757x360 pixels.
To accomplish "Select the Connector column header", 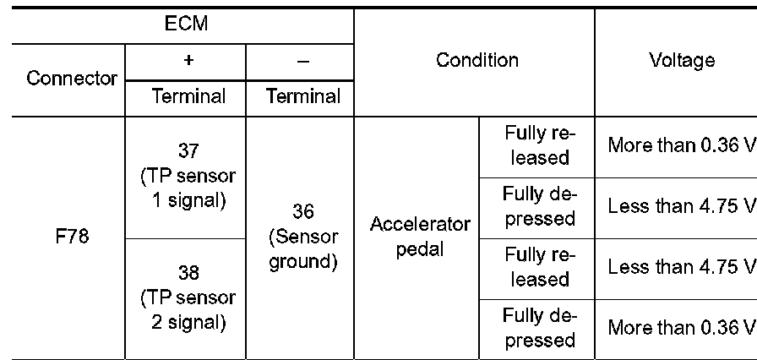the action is coord(71,79).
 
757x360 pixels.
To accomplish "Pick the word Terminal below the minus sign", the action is coord(303,96).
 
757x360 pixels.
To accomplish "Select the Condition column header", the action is coord(477,61).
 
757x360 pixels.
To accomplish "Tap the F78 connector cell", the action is coord(71,238).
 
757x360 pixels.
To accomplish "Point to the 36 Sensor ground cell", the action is coord(303,237).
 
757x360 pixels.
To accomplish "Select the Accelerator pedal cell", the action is coord(419,237).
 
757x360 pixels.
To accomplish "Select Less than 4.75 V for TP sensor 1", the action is coord(681,207).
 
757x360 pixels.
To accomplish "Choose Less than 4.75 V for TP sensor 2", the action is coord(681,268).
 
